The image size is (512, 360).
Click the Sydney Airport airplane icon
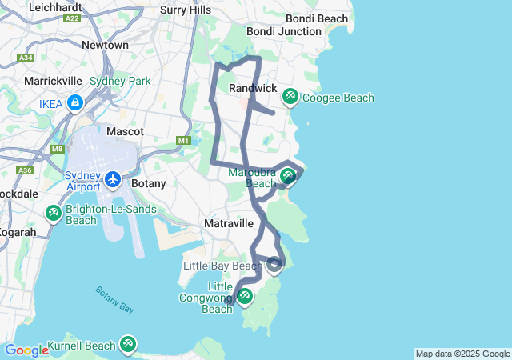click(113, 179)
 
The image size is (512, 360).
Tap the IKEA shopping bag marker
click(74, 102)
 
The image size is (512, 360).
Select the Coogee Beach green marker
click(290, 98)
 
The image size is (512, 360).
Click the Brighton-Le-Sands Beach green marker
click(53, 214)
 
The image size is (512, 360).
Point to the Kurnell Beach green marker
click(127, 345)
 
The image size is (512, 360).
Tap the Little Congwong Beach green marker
click(244, 297)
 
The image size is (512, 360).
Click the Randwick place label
click(253, 87)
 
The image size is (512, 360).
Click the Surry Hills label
click(186, 10)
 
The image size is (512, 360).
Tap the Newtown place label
click(105, 45)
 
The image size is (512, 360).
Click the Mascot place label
click(125, 130)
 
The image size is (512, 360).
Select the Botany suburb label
click(148, 183)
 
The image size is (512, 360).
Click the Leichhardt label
click(57, 6)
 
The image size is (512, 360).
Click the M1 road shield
click(183, 141)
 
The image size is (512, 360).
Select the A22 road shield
click(72, 18)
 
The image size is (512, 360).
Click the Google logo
click(26, 350)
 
